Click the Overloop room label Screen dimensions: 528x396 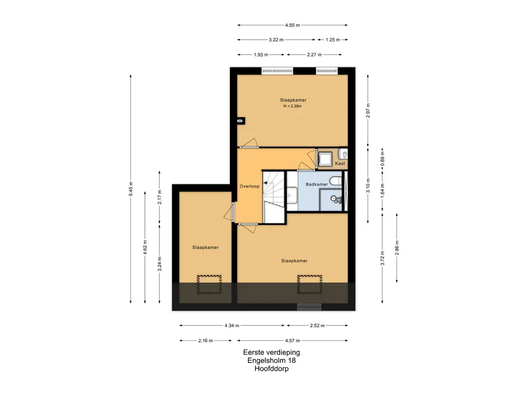(x=250, y=186)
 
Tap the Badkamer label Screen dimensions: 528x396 (x=317, y=184)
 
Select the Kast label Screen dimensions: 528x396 (x=340, y=163)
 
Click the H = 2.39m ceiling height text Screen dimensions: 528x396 (x=292, y=106)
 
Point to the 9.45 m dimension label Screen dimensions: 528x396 (x=130, y=189)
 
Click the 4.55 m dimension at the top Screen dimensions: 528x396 (x=292, y=25)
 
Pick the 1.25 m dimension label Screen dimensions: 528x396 (x=333, y=40)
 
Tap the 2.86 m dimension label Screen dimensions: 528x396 (x=397, y=248)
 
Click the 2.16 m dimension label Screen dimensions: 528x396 (x=205, y=340)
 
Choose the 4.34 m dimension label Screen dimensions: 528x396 (x=232, y=326)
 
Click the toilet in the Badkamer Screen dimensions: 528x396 (x=335, y=181)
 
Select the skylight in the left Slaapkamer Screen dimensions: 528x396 (x=209, y=284)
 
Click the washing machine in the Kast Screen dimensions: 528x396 (x=325, y=159)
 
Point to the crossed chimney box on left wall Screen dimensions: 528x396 (x=240, y=121)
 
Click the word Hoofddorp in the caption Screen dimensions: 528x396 (x=271, y=369)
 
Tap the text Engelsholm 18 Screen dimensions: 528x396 (x=271, y=360)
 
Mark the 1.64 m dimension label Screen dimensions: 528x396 (x=382, y=191)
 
